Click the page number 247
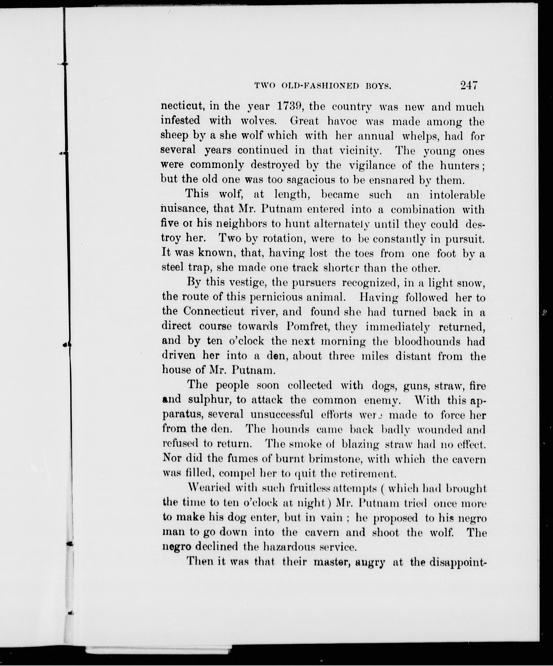point(469,86)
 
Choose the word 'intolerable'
point(457,195)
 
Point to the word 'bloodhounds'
point(428,341)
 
